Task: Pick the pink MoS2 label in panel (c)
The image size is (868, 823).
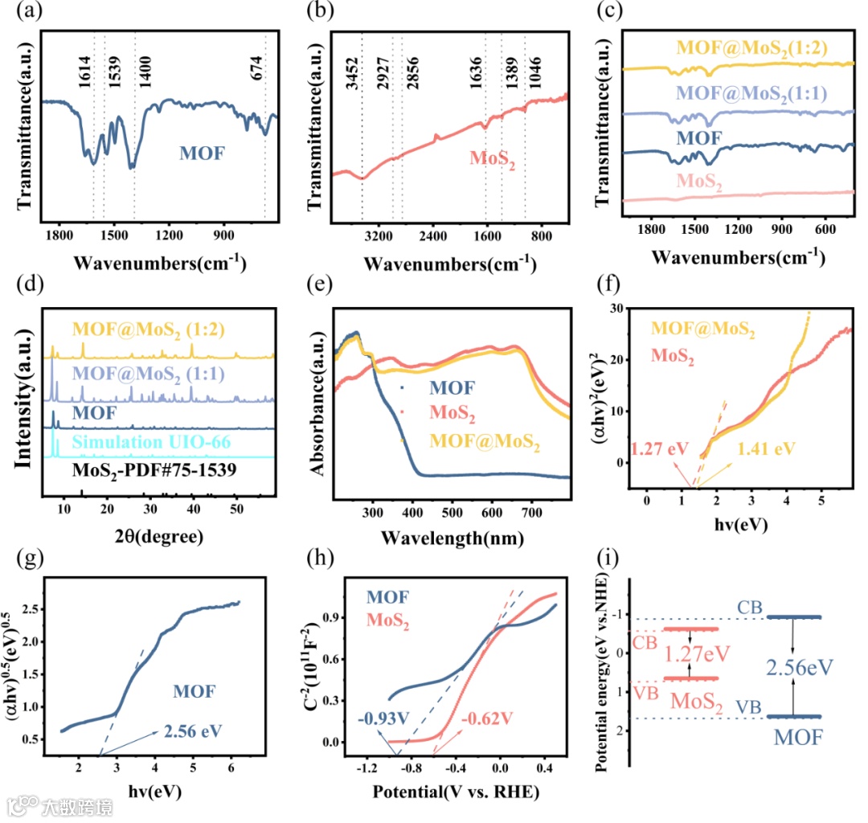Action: (x=699, y=183)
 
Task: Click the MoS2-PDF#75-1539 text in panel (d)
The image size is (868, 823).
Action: (x=145, y=468)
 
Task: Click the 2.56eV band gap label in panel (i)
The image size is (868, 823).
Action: (x=798, y=666)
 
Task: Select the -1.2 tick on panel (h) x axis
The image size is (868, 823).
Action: (x=368, y=767)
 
